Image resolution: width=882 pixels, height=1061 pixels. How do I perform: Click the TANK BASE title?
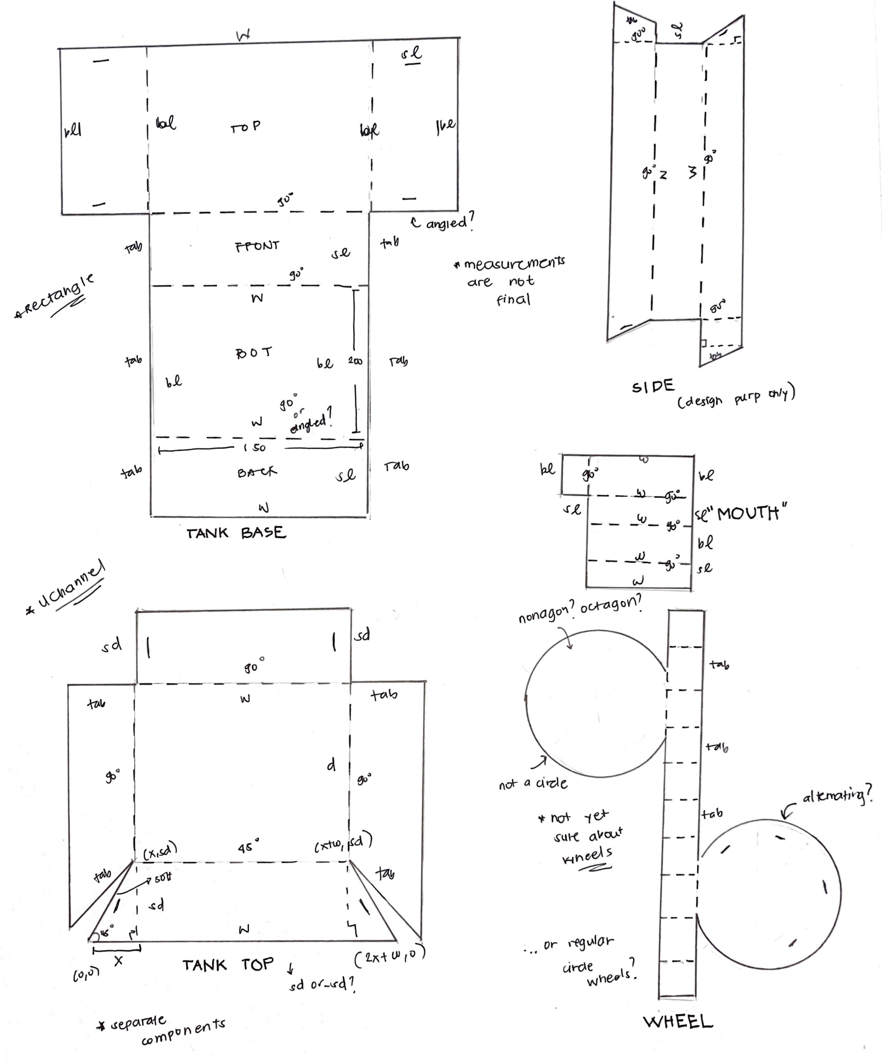point(236,533)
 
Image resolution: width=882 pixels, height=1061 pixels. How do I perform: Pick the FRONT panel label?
point(257,246)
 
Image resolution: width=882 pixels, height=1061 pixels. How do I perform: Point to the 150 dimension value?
point(254,448)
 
